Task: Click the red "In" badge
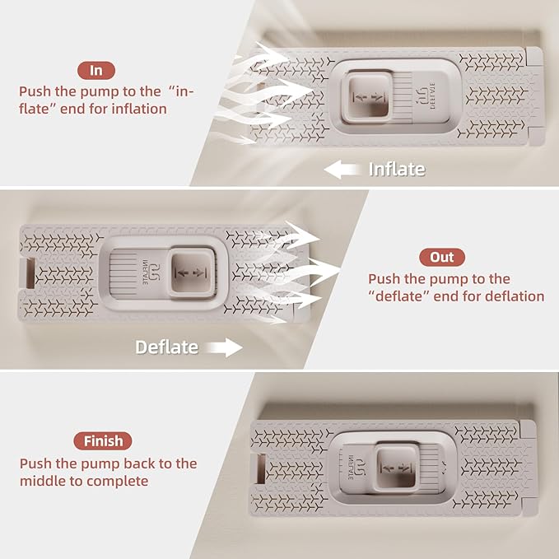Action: point(96,71)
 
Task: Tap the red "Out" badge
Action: point(442,257)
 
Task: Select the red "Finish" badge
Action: point(103,441)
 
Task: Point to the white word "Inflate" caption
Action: point(397,170)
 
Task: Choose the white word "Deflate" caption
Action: point(167,347)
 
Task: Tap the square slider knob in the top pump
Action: point(367,97)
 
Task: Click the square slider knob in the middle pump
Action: point(193,273)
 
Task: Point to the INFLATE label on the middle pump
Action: point(146,272)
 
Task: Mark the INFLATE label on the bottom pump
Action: point(351,468)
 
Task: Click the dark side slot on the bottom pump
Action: point(261,468)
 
